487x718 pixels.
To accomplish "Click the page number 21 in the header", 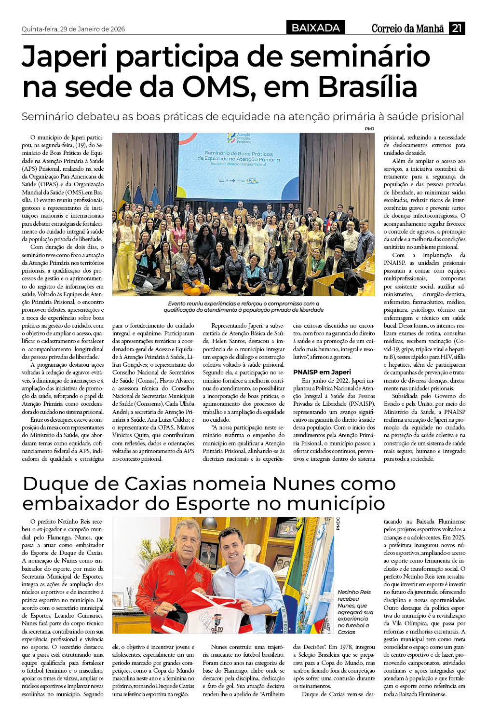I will click(457, 28).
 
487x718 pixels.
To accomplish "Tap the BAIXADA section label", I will click(316, 28).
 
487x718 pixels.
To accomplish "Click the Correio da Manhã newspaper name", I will click(407, 28).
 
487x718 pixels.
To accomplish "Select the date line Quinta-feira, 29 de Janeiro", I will click(73, 29).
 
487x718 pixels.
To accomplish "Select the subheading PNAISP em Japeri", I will click(322, 372).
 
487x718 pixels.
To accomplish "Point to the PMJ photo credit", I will click(369, 129).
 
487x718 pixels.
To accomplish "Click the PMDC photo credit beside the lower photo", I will click(338, 524).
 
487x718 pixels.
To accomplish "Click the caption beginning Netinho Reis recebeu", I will click(355, 611).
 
